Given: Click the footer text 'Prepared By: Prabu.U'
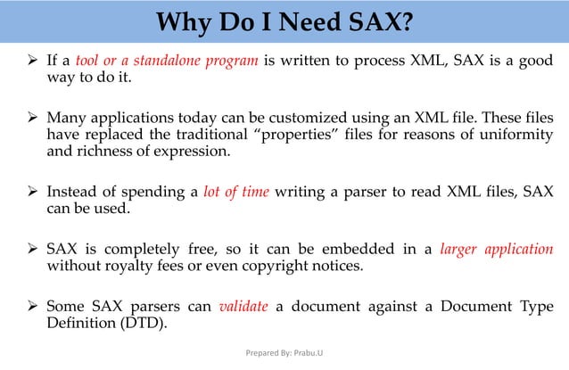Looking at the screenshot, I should click(x=284, y=353).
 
